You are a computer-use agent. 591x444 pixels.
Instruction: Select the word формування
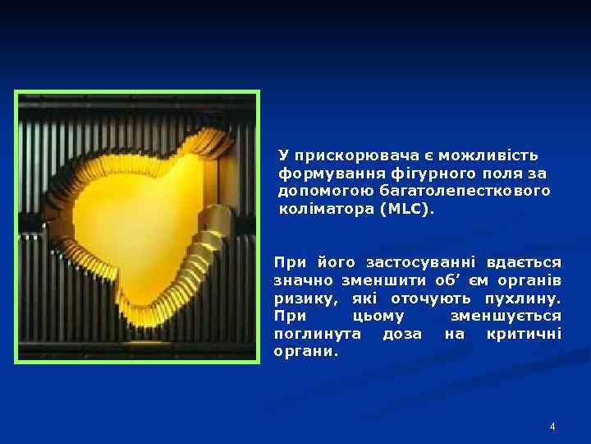324,173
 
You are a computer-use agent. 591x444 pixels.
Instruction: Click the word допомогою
320,191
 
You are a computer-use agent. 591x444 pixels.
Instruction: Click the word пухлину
524,298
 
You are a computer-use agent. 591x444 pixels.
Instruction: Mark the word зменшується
506,317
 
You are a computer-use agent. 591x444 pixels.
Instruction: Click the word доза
402,335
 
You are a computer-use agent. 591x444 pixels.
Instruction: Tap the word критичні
524,335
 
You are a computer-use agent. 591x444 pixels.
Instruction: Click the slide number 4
552,427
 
